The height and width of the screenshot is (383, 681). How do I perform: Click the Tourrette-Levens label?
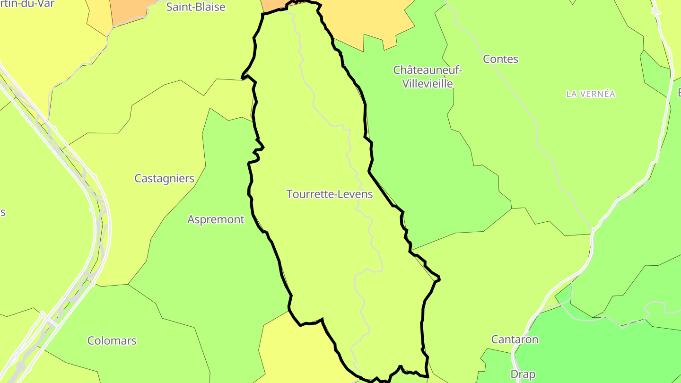330,194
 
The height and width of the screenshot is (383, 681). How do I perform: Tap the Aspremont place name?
216,219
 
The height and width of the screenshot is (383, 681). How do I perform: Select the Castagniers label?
164,178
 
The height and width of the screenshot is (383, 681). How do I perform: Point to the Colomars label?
112,340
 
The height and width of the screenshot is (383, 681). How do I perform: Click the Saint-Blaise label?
196,7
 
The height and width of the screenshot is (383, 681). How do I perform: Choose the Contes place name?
500,59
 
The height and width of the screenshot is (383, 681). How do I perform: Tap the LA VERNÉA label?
591,94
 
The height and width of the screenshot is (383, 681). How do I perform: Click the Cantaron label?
515,339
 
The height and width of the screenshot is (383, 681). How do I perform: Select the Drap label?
523,374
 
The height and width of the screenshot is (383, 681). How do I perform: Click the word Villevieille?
428,84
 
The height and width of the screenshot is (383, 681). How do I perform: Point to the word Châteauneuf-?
428,70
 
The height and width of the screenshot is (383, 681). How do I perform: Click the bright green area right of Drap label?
591,350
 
